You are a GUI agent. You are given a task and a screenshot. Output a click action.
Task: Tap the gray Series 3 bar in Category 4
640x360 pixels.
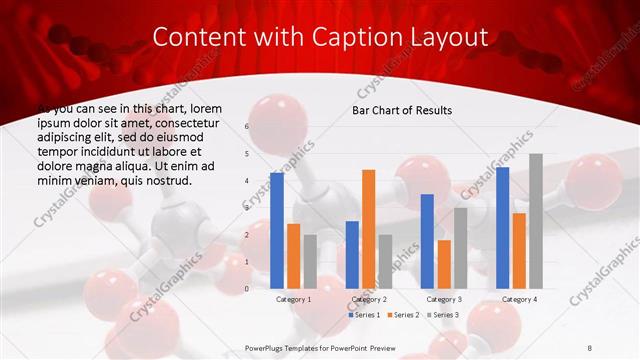(535, 221)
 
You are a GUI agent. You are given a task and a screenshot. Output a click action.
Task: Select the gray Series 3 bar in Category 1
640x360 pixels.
(310, 262)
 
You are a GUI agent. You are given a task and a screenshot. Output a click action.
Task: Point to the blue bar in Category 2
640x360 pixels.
(352, 255)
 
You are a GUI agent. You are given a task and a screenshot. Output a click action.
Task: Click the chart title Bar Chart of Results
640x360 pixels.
(402, 110)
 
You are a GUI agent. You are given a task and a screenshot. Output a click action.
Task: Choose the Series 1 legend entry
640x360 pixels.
(364, 315)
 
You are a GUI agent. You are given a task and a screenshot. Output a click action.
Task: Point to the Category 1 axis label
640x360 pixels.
(293, 299)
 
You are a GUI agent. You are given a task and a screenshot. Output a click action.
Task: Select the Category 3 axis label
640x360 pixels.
(443, 299)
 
